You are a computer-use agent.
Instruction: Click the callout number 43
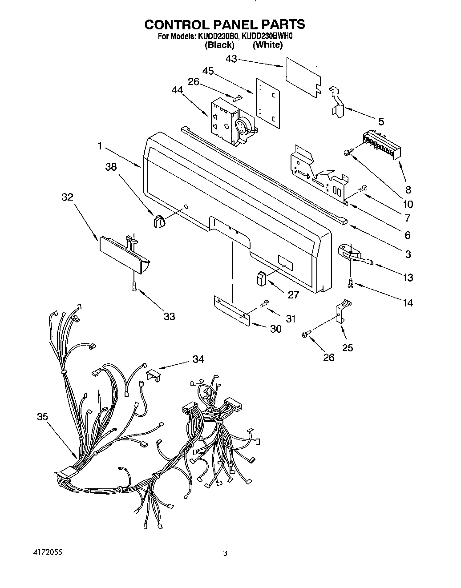coord(231,58)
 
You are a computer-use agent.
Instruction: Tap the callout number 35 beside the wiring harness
coord(42,417)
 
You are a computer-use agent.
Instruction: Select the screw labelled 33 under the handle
coord(133,287)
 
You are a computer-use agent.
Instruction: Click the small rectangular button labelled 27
coord(261,278)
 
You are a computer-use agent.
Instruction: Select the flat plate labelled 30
coord(231,310)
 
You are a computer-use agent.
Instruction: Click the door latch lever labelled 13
coord(356,258)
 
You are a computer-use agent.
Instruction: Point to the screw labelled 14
coord(351,282)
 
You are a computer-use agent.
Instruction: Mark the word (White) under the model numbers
coord(267,45)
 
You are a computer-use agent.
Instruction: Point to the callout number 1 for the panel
coord(100,145)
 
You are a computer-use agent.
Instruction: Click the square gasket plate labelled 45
coord(267,100)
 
